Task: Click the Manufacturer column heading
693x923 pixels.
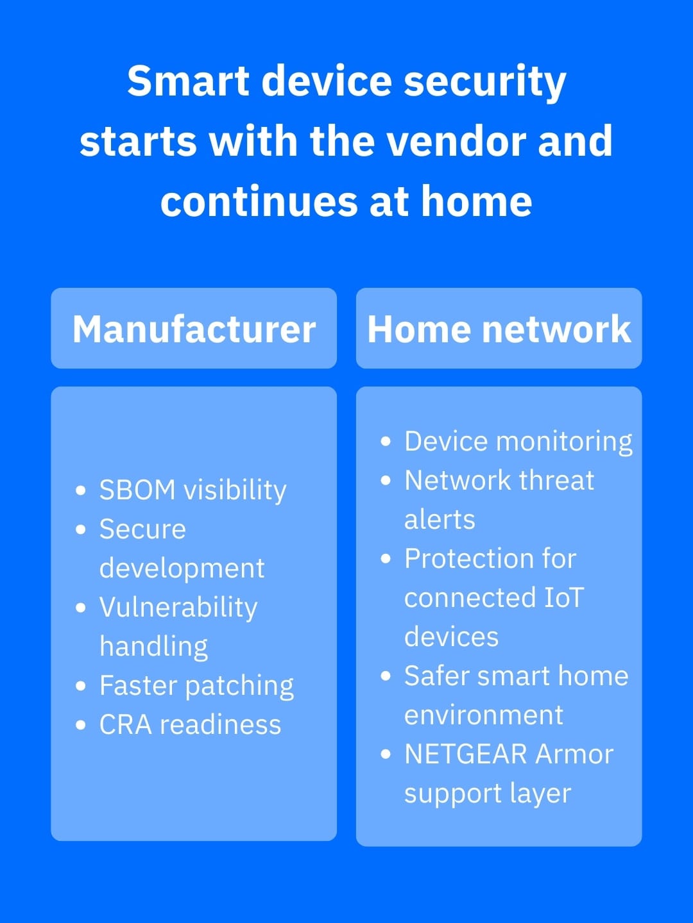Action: coord(194,329)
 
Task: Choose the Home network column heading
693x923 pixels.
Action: coord(499,329)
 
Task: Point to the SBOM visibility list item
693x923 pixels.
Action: coord(193,490)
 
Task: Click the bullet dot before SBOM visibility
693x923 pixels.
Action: coord(81,491)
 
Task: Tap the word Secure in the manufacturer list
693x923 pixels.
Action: coord(142,529)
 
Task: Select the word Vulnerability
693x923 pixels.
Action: coord(178,608)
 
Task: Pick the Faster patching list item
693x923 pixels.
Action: coord(196,686)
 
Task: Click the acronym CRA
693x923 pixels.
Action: coord(125,725)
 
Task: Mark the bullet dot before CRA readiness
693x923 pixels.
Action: coord(81,726)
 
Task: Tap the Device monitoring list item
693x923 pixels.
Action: coord(518,442)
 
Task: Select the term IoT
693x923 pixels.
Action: coord(564,597)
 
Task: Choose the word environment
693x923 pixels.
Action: coord(484,715)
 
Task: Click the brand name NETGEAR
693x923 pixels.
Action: coord(465,754)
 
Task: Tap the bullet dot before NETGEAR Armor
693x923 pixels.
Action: coord(386,754)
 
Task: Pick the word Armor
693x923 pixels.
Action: coord(574,754)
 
